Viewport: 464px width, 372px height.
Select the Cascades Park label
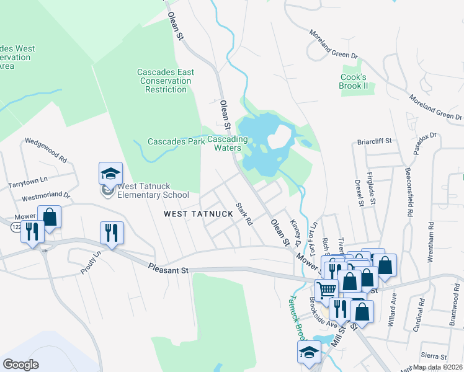coord(176,141)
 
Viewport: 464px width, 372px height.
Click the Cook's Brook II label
coord(354,81)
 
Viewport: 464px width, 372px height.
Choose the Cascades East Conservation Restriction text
coord(166,81)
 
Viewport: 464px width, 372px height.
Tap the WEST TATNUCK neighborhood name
coord(199,214)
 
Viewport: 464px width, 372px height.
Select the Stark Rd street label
coord(244,213)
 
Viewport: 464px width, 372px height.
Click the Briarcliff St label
coord(375,141)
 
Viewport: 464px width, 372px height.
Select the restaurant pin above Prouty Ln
coord(112,233)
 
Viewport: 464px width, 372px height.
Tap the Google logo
coord(21,365)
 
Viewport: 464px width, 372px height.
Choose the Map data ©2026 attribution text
coord(438,367)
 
